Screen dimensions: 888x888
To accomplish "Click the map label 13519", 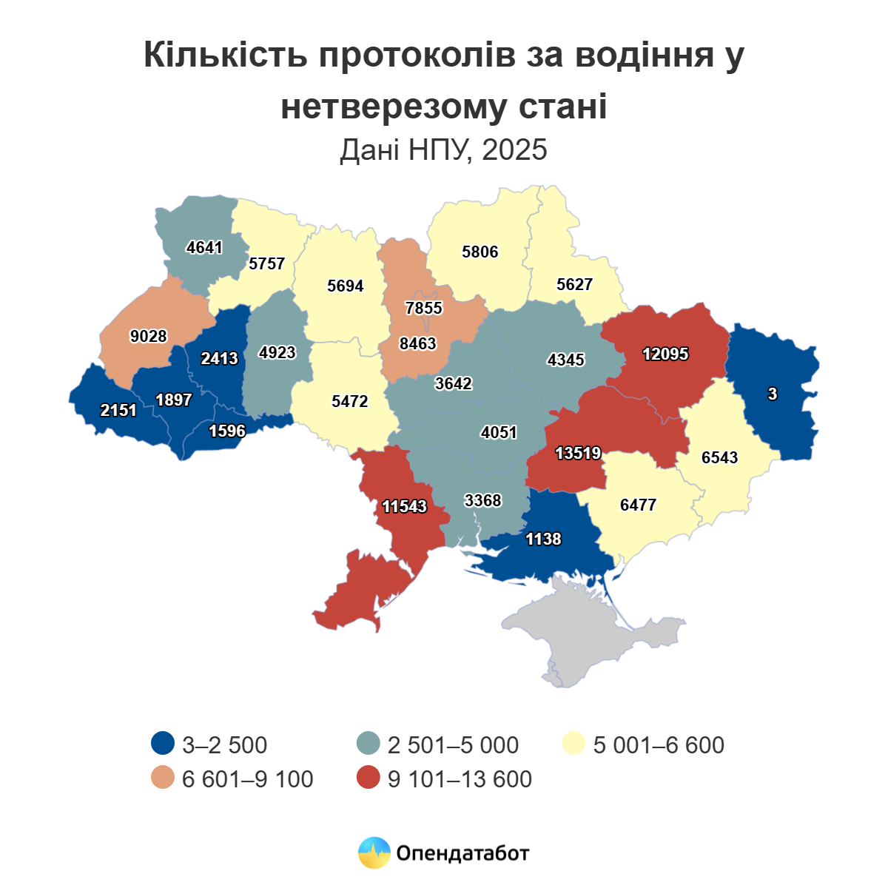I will click(x=578, y=453).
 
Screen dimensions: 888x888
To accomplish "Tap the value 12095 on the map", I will click(x=665, y=354).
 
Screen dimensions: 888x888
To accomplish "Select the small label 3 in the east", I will click(x=773, y=394).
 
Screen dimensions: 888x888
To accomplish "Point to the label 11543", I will click(x=404, y=506).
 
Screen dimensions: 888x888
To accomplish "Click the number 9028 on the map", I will click(x=148, y=336).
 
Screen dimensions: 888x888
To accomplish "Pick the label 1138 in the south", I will click(x=543, y=539).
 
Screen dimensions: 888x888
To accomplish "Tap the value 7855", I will click(x=423, y=307).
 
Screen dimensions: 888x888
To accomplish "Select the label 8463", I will click(x=417, y=343).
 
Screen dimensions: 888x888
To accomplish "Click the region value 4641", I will click(x=204, y=247).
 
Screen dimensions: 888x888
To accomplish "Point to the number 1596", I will click(x=226, y=431).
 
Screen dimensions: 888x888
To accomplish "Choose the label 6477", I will click(x=638, y=505).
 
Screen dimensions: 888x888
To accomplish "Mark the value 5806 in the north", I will click(x=480, y=252).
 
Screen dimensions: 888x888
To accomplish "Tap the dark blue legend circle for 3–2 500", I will click(x=162, y=744).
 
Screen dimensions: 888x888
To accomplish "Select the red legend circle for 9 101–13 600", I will click(x=368, y=778).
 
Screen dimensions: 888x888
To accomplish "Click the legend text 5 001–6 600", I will click(x=659, y=744).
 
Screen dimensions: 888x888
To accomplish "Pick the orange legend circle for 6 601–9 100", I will click(x=162, y=778).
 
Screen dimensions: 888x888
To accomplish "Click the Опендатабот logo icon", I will click(x=374, y=852).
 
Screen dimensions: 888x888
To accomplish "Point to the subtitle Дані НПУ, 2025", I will click(x=443, y=149).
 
